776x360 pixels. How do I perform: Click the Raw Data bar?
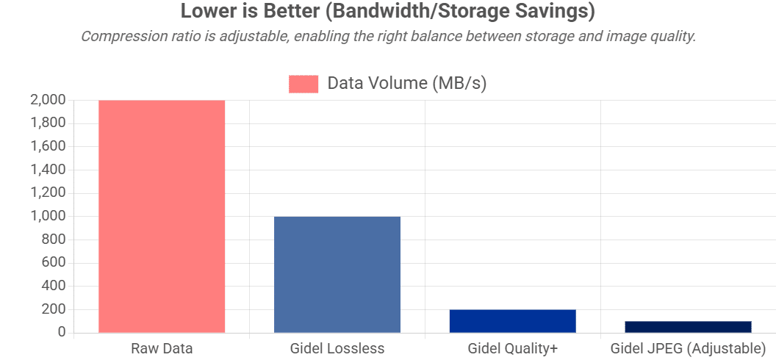(162, 216)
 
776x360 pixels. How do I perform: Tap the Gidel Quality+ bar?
(513, 321)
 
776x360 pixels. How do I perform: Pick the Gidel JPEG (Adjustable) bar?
(688, 327)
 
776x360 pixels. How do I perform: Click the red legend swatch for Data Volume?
(303, 84)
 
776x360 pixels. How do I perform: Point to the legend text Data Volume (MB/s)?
(407, 84)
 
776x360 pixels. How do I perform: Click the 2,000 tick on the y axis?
(48, 100)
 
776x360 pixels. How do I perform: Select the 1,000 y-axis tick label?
(48, 216)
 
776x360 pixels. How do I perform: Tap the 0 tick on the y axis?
(62, 333)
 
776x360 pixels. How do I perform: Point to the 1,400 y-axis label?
(48, 170)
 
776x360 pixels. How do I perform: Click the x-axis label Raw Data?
(162, 348)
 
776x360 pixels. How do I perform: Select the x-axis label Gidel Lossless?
(337, 348)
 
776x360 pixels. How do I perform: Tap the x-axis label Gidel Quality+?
(513, 348)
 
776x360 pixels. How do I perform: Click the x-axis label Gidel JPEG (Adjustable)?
(688, 348)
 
